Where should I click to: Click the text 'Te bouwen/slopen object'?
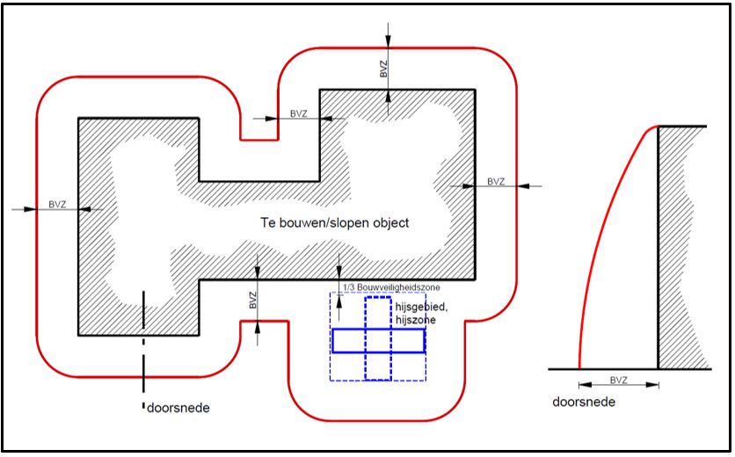[x=335, y=222]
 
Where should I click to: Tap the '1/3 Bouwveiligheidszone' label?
[x=392, y=287]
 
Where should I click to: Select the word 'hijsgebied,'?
[x=421, y=308]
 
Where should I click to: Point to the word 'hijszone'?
[x=415, y=320]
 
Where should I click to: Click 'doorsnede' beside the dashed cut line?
[x=178, y=408]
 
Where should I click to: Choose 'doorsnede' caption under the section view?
[x=584, y=403]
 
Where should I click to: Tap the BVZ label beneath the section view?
[x=619, y=381]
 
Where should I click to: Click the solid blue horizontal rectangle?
[x=379, y=340]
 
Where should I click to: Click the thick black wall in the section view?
[x=659, y=248]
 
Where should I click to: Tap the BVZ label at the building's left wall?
[x=57, y=205]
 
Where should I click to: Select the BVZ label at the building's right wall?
[x=496, y=181]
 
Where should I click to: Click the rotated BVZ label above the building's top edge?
[x=384, y=69]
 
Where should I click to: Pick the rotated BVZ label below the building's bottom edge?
[x=253, y=300]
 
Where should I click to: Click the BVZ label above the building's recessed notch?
[x=299, y=113]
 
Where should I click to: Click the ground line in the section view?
[x=629, y=369]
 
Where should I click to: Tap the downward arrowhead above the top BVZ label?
[x=388, y=40]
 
